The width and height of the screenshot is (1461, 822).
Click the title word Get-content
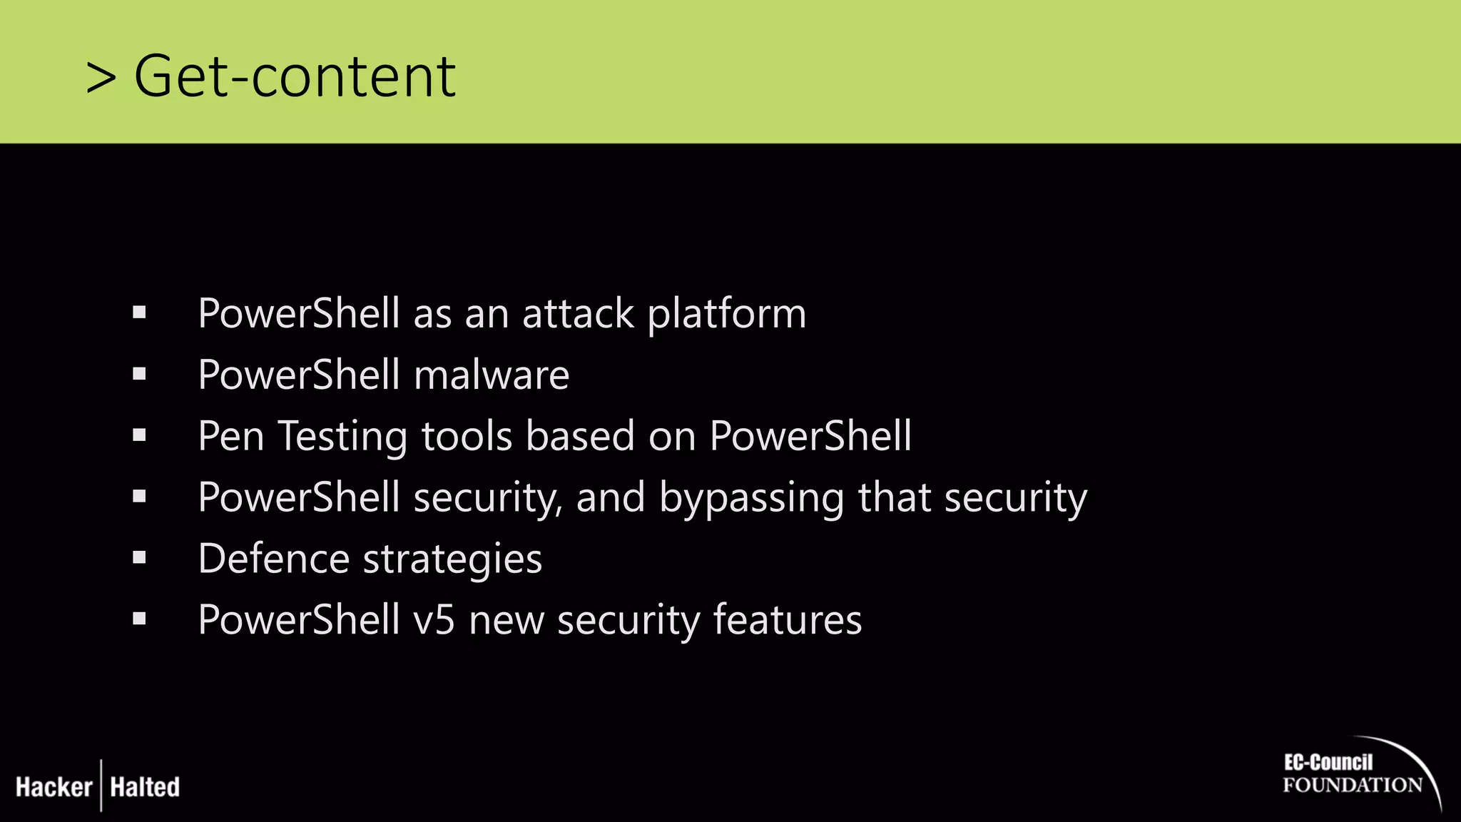point(295,76)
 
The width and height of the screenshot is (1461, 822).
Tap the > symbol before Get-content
point(101,78)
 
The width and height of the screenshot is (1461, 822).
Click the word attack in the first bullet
point(578,314)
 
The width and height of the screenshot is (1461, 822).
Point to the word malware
point(492,375)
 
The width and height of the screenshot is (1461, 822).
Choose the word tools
point(467,437)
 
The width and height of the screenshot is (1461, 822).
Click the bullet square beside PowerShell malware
point(139,374)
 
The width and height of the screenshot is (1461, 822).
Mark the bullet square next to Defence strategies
point(139,557)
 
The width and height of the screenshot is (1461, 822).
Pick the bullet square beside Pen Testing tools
point(139,435)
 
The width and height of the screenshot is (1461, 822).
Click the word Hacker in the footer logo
point(54,787)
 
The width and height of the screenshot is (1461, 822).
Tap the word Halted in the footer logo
point(145,787)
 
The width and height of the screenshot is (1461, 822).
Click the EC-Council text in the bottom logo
point(1328,762)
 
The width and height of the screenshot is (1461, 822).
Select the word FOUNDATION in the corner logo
point(1353,786)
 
